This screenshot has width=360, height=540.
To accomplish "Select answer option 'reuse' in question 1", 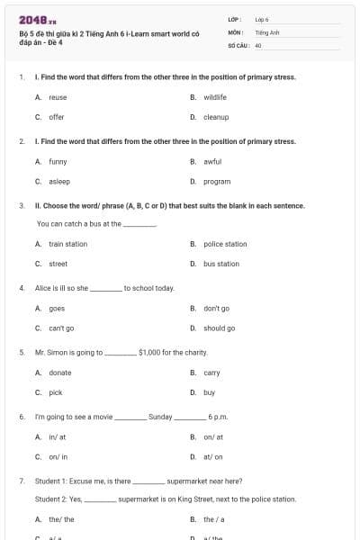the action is click(58, 97).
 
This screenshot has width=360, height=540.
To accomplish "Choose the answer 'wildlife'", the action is click(215, 97).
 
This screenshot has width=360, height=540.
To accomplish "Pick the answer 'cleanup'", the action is click(216, 117).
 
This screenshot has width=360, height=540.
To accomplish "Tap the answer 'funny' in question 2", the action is click(58, 161).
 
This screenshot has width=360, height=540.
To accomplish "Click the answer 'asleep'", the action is click(58, 181).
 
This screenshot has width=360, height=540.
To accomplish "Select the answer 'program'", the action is click(217, 181).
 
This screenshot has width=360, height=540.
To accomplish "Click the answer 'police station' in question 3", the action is click(225, 244).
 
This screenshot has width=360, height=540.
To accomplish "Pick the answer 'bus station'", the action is click(221, 264).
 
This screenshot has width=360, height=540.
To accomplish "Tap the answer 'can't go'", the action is click(61, 328).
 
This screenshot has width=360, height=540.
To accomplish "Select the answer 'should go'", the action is click(220, 328).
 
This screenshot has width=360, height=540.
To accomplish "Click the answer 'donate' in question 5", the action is click(59, 373).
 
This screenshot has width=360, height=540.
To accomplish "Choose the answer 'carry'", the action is click(211, 373).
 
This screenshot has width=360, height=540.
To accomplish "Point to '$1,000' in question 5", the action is click(150, 353).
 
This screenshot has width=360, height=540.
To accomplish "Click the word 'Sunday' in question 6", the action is click(160, 418).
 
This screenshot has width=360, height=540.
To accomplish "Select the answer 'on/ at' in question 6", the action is click(213, 437).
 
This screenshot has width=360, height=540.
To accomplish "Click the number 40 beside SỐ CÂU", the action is click(258, 44).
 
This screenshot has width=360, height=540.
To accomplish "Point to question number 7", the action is click(21, 481).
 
